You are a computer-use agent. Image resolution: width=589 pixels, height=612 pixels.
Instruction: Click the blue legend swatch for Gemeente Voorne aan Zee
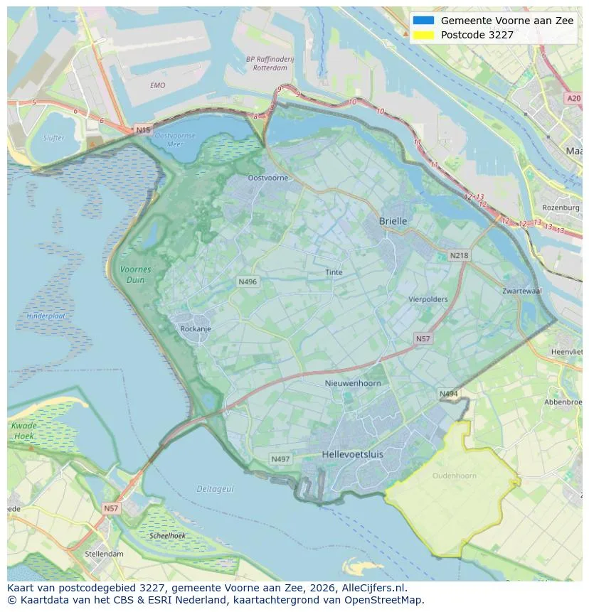click(423, 21)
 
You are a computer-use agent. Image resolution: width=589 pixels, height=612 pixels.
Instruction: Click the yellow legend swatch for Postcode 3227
click(423, 35)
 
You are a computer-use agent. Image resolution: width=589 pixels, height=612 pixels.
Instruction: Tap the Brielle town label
click(393, 221)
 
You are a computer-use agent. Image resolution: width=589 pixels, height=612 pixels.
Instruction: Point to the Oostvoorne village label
click(267, 178)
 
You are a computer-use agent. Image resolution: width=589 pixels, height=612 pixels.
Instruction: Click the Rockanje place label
click(196, 329)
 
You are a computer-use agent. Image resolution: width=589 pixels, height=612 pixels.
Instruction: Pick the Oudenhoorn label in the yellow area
click(455, 476)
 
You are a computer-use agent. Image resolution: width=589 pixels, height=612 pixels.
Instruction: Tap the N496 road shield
click(247, 282)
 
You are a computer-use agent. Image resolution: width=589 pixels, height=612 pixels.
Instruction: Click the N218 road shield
click(459, 255)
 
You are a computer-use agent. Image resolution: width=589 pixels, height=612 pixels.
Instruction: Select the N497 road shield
click(280, 459)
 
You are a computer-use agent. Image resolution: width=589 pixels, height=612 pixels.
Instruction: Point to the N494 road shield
click(448, 394)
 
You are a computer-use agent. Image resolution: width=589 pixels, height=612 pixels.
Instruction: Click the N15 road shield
click(143, 130)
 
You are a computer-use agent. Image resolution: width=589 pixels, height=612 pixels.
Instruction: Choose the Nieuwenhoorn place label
click(352, 383)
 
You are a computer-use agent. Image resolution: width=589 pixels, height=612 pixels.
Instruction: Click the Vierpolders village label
click(428, 299)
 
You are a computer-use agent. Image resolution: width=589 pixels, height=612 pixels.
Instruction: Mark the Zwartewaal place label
click(521, 291)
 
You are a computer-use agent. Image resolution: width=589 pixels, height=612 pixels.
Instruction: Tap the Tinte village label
click(334, 272)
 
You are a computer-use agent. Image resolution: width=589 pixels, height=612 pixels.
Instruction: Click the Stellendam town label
click(104, 554)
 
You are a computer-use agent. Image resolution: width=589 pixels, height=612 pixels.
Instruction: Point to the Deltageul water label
click(216, 489)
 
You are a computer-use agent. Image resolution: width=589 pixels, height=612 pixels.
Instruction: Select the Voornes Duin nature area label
click(135, 274)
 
